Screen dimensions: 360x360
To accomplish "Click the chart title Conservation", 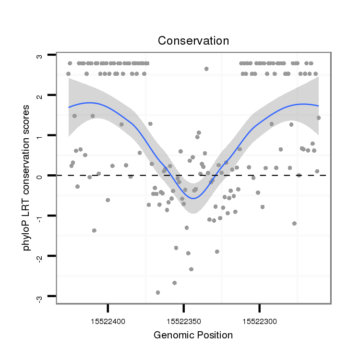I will click(193, 41).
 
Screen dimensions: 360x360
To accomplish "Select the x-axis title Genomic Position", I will click(193, 335).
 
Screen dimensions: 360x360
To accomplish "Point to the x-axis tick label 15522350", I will click(183, 320).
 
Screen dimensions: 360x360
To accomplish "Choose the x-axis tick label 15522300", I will click(259, 320).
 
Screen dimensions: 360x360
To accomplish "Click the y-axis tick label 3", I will click(39, 56).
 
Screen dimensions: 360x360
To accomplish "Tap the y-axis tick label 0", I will click(39, 176).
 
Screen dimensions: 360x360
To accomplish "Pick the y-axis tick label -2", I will click(39, 256).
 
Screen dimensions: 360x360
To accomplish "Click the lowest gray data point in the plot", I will click(158, 292).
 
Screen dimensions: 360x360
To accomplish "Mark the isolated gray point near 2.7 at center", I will click(206, 69).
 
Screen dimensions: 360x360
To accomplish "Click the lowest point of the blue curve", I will click(193, 198).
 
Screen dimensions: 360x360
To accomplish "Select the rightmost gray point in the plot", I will click(318, 118).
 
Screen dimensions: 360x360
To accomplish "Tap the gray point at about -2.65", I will click(174, 283).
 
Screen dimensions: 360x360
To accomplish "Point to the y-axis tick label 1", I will click(39, 136).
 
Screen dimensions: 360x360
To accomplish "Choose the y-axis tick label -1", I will click(39, 216).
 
